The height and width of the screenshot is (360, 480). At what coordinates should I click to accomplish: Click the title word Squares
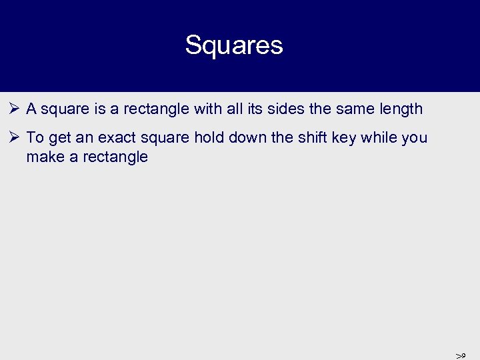pos(234,45)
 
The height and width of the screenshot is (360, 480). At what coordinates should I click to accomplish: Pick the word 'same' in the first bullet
pos(355,109)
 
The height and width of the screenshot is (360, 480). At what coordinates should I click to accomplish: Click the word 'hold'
pos(209,138)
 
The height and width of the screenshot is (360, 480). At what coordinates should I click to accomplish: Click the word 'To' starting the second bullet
pos(35,138)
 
